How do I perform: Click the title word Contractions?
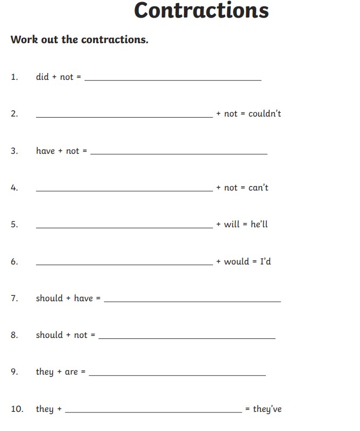point(201,11)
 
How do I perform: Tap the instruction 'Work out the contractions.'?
point(79,40)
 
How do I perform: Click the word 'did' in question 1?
point(42,77)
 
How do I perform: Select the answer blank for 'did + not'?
point(173,79)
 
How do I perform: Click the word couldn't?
point(265,114)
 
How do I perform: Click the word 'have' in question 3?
point(45,151)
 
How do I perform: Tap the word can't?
point(258,187)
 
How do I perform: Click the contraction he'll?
point(259,224)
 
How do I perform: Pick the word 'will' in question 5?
point(232,224)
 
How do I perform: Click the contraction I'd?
point(265,261)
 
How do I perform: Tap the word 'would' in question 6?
point(237,261)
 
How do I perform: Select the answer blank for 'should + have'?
point(192,301)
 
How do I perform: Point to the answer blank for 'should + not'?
point(187,337)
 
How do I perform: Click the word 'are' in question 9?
point(71,372)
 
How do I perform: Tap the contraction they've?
point(267,409)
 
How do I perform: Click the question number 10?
point(17,409)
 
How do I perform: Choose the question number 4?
point(14,187)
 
